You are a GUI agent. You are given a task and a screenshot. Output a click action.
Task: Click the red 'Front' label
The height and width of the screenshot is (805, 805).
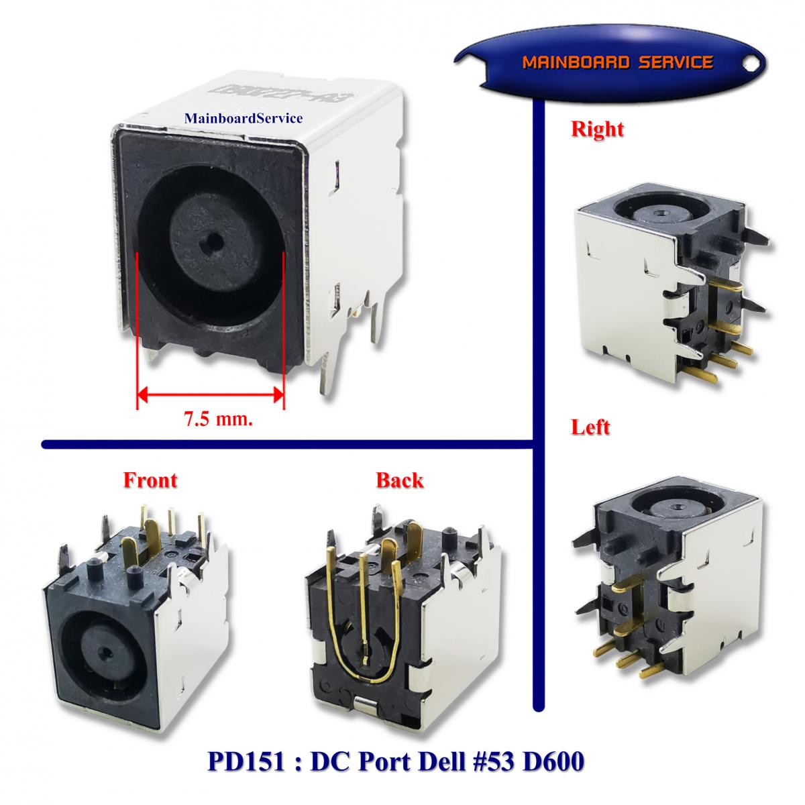click(150, 480)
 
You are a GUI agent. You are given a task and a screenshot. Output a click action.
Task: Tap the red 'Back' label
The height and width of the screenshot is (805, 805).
click(399, 480)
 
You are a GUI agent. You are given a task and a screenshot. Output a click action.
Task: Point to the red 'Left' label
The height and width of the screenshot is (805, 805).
click(590, 427)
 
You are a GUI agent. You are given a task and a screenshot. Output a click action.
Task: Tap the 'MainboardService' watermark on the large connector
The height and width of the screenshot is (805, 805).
click(244, 119)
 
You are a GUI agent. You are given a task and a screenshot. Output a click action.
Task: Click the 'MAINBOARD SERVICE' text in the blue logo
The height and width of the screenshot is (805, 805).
click(616, 63)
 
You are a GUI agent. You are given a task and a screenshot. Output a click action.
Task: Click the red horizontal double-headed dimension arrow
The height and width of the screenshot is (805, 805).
click(211, 394)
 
